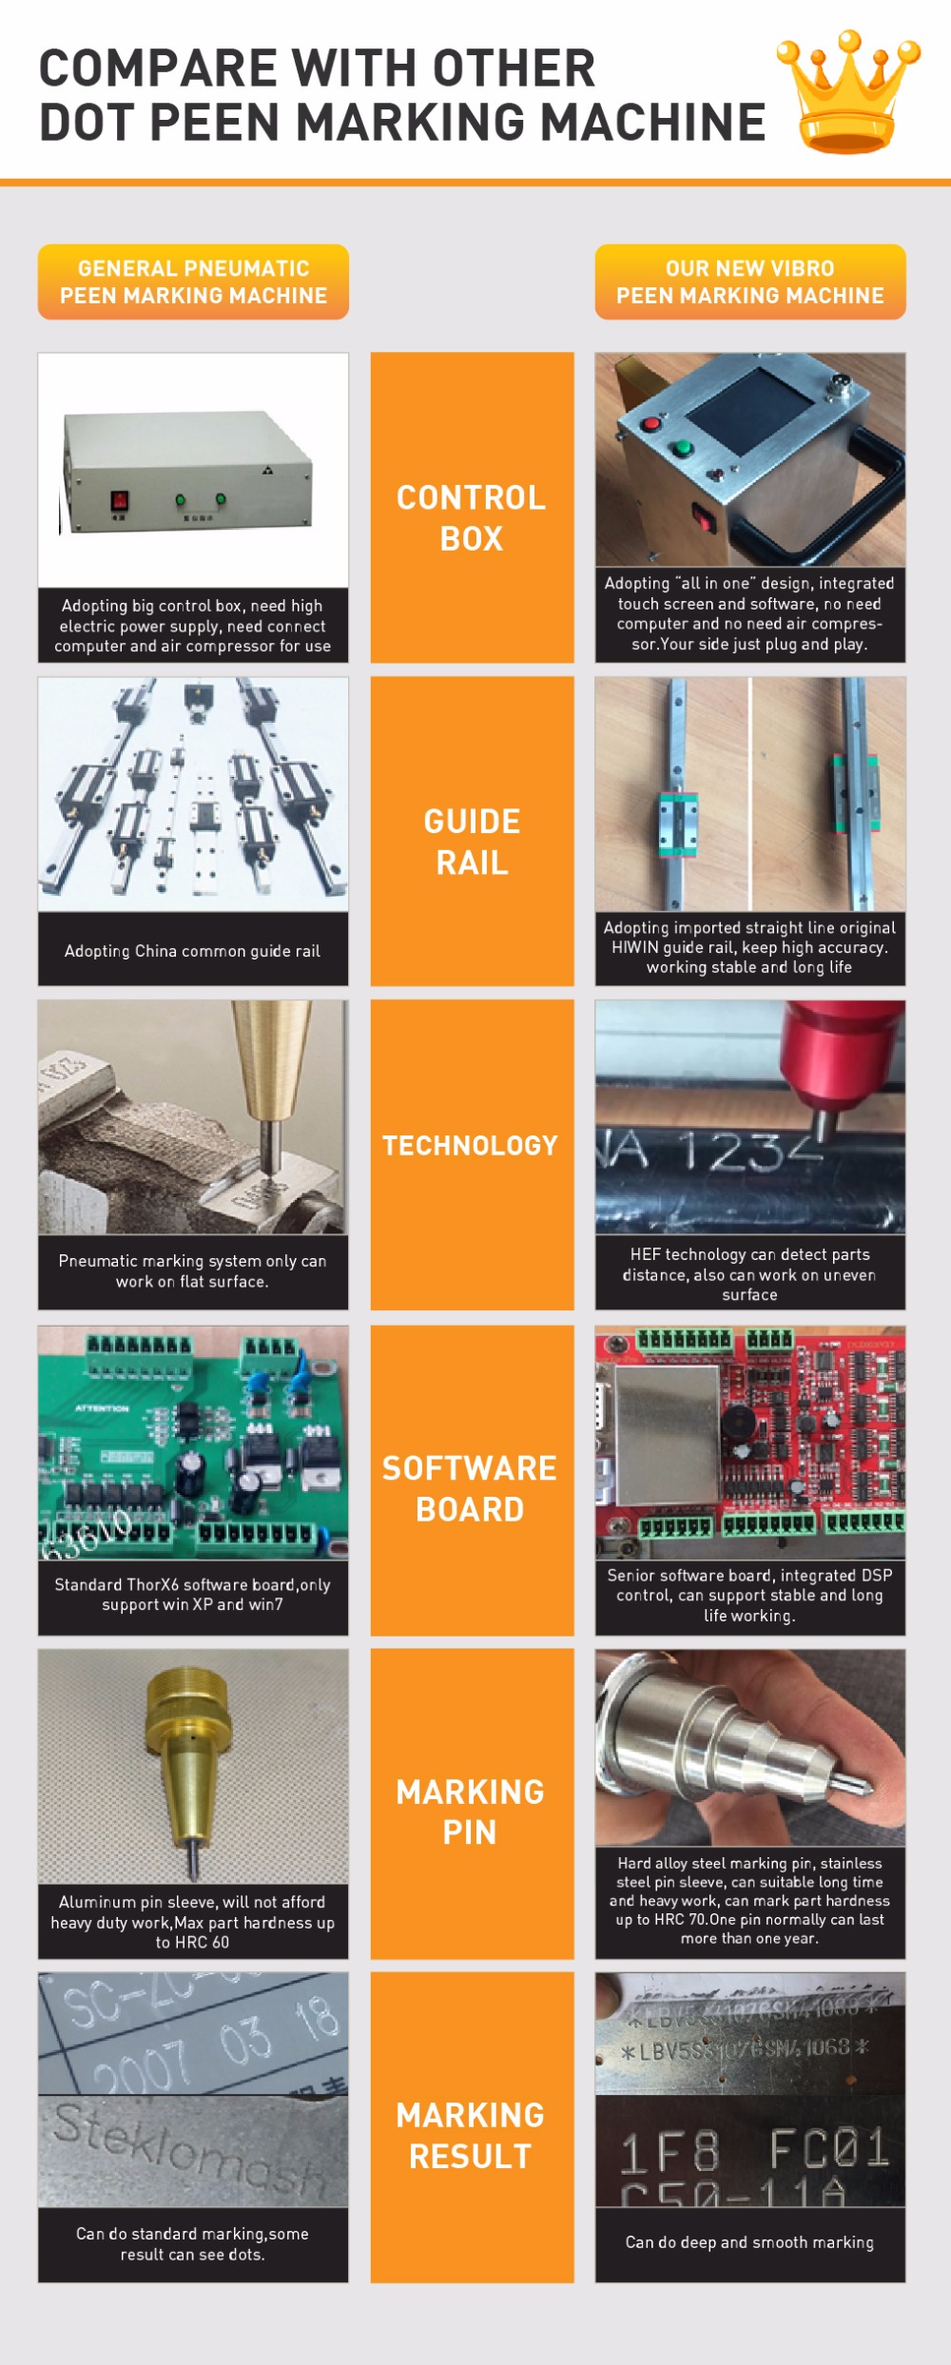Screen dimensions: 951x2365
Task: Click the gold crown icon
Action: click(847, 93)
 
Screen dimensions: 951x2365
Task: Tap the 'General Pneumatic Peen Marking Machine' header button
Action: click(193, 281)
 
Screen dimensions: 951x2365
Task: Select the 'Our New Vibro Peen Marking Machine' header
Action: click(750, 281)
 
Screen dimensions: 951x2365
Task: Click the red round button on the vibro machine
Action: click(651, 423)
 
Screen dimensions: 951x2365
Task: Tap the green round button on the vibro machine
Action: click(681, 448)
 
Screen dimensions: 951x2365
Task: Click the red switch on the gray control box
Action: click(120, 500)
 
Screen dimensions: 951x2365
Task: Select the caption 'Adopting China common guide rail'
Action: click(192, 951)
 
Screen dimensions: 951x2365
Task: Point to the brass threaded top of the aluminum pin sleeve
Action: click(189, 1694)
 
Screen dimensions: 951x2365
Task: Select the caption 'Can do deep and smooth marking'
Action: click(749, 2242)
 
